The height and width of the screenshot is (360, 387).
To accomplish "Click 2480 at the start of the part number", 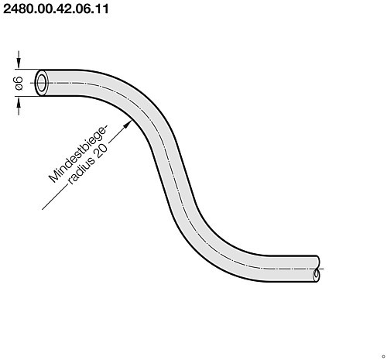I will [x=20, y=11].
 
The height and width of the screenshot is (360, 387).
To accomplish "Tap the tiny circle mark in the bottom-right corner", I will [x=382, y=355].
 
